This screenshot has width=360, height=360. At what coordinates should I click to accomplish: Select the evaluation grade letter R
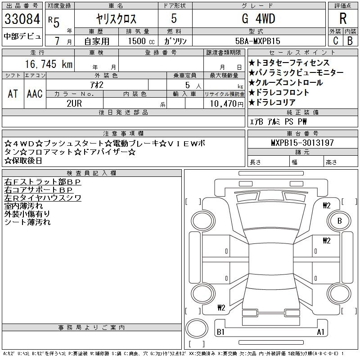[343, 19]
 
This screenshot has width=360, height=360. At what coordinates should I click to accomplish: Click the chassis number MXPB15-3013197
[302, 143]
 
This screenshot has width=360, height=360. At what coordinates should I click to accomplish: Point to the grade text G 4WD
[258, 19]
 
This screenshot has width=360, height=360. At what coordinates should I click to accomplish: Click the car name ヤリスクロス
[117, 19]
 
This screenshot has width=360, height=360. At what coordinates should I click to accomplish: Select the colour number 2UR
[74, 103]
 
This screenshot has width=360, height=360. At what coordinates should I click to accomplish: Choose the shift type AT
[13, 94]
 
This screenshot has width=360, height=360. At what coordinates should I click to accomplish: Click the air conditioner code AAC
[35, 94]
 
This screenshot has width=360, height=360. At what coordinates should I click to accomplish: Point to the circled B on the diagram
[340, 221]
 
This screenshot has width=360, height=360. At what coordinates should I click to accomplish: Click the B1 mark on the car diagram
[220, 332]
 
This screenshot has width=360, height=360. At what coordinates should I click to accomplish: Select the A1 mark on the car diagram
[320, 332]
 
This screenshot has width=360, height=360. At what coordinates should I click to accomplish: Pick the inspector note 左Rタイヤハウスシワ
[43, 198]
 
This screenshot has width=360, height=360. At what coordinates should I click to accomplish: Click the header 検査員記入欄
[91, 173]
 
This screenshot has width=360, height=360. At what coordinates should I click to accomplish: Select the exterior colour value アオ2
[106, 84]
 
